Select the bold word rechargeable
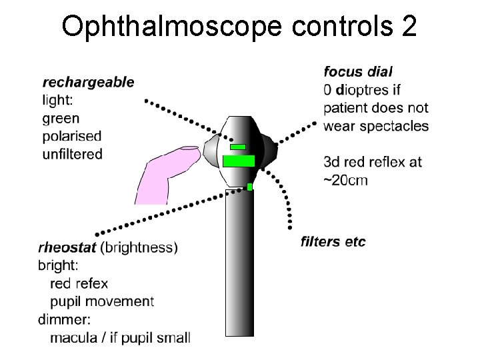point(88,82)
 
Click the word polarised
point(72,136)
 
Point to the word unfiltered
point(72,154)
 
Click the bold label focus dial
point(358,71)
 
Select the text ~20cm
point(345,180)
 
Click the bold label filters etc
point(333,241)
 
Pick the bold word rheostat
point(67,247)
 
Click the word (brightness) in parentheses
point(139,247)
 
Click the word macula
point(74,337)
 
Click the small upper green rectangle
point(237,147)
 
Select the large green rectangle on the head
point(239,161)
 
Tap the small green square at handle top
point(250,187)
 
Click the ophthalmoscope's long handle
point(239,267)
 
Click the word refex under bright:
point(94,283)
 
